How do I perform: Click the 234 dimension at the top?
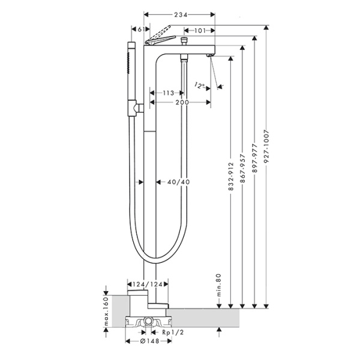tap(181, 14)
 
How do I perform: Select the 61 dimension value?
tap(141, 29)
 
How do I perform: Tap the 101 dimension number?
tap(200, 31)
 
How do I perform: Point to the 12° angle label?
tap(200, 85)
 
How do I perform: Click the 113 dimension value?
tap(169, 93)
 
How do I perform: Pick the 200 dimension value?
tap(182, 103)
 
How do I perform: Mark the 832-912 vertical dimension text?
tap(231, 176)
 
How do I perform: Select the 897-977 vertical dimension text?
tap(254, 158)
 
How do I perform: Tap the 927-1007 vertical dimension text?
tap(266, 147)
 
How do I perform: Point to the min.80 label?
tap(218, 285)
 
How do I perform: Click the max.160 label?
tap(106, 311)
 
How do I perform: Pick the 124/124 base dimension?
tap(148, 284)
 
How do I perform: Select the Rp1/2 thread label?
tap(173, 332)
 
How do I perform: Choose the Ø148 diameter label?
tap(149, 341)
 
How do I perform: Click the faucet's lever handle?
tap(160, 40)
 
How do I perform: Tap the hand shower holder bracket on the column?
tap(136, 108)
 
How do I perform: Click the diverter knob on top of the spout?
tap(184, 41)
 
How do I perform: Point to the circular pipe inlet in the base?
tap(149, 320)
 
